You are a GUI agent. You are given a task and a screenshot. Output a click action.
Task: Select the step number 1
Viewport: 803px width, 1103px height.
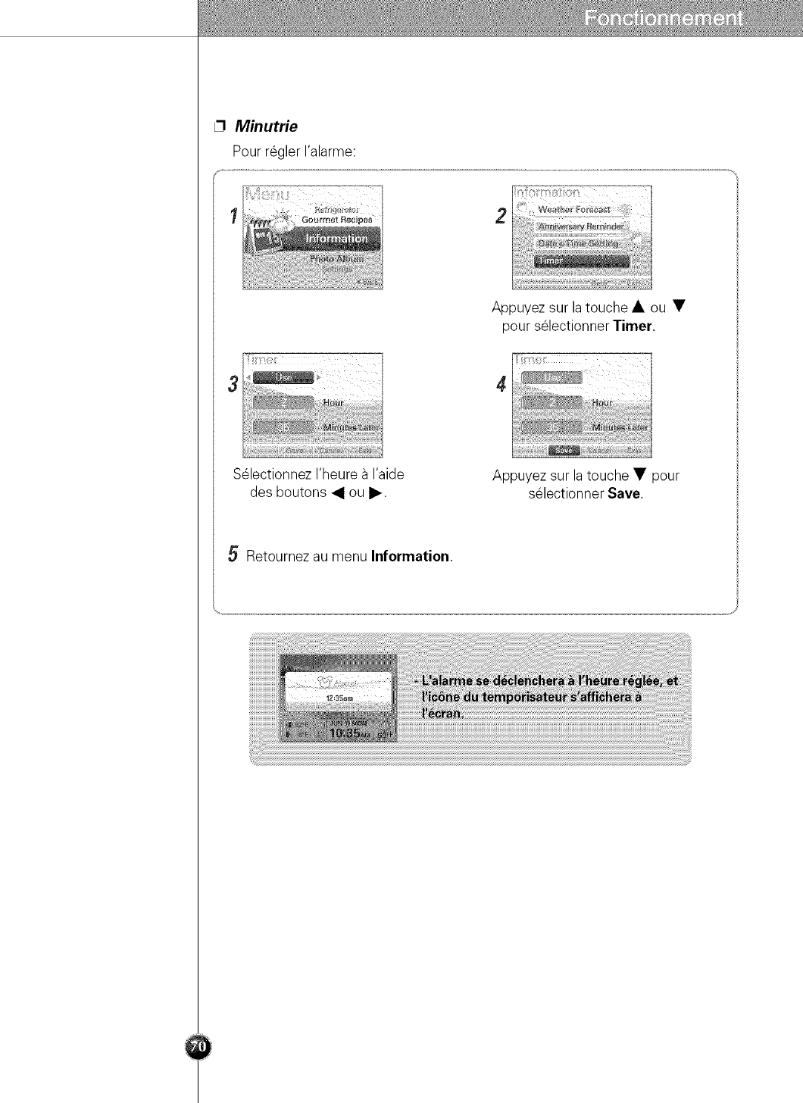(234, 215)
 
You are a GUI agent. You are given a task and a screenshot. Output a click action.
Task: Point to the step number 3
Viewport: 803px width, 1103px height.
(233, 383)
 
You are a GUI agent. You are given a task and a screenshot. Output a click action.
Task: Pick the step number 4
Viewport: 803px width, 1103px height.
(501, 384)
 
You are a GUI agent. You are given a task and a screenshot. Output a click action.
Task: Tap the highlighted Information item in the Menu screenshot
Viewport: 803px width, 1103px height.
(336, 239)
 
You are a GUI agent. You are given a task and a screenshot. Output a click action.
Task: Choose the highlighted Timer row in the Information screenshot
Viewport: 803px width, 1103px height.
(581, 260)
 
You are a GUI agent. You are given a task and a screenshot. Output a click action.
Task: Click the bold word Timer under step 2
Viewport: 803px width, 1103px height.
(633, 327)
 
